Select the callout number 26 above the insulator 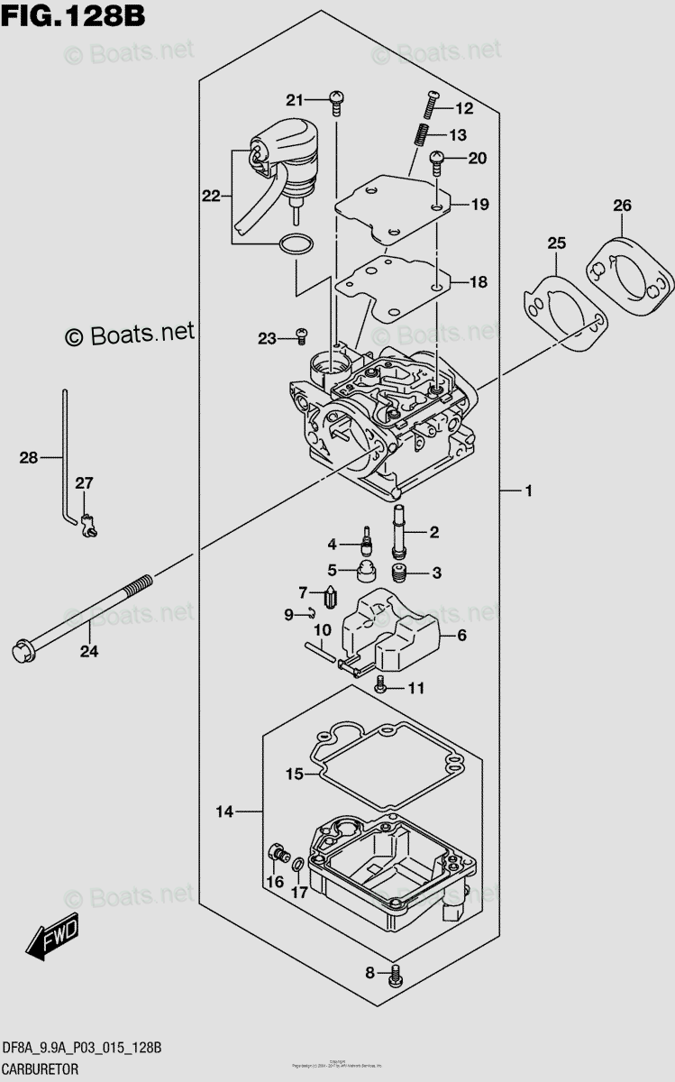click(x=621, y=206)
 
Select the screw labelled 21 click(x=336, y=101)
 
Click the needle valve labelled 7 click(x=330, y=596)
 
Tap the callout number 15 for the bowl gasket click(x=295, y=774)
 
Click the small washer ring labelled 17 click(x=297, y=867)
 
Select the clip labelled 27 click(x=87, y=522)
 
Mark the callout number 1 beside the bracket click(x=529, y=491)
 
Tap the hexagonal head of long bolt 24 click(x=20, y=649)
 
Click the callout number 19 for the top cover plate click(x=479, y=205)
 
